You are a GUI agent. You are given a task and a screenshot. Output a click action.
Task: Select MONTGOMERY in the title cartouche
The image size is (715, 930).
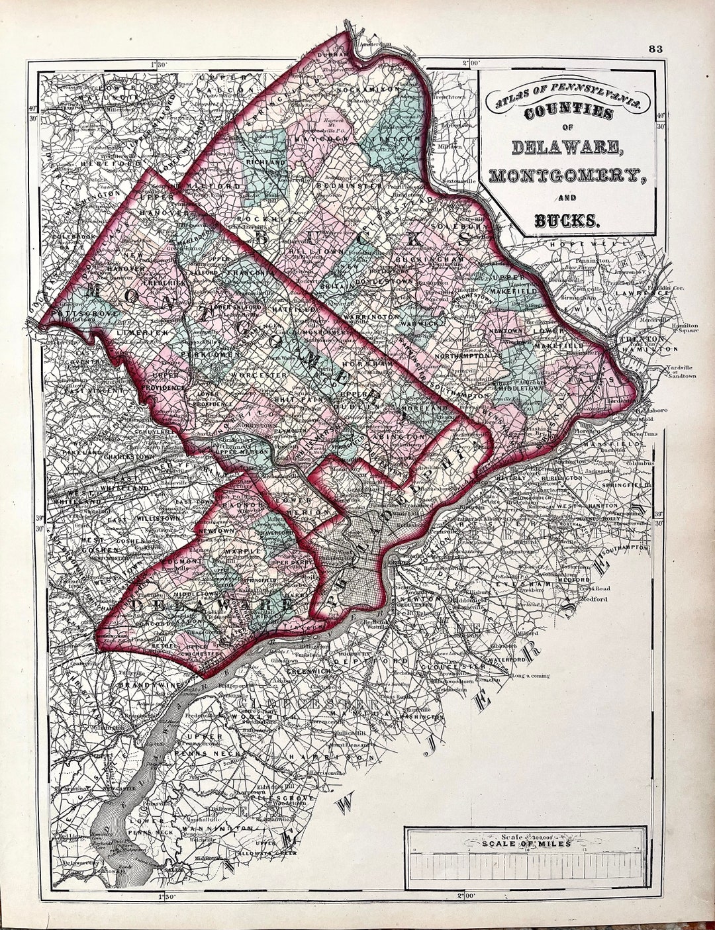(567, 175)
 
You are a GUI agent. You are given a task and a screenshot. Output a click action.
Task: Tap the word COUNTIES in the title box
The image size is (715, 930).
(568, 113)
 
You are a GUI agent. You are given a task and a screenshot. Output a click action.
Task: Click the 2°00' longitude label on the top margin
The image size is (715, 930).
(471, 63)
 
